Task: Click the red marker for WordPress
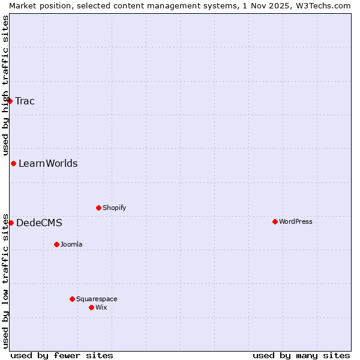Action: point(275,221)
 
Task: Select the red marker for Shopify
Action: point(98,208)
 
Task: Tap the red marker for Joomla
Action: point(56,244)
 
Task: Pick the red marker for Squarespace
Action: point(72,299)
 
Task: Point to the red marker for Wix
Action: point(91,307)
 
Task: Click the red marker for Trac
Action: point(10,101)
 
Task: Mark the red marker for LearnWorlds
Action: point(13,163)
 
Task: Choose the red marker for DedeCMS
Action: point(11,223)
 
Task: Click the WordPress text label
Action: point(296,221)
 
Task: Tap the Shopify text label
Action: point(115,208)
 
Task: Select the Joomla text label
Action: point(71,244)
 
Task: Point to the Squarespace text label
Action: point(97,299)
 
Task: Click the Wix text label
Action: point(101,307)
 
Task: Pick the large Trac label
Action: point(25,101)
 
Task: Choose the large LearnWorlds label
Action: point(48,163)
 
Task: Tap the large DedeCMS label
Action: point(39,223)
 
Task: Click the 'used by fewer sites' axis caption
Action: point(62,355)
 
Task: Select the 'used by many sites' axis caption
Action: point(301,355)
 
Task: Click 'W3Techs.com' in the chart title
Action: point(325,5)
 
